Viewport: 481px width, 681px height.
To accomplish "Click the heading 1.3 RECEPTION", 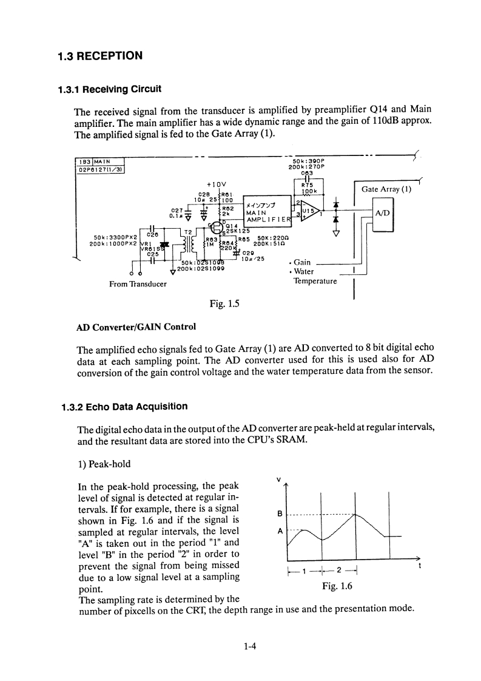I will (x=100, y=56).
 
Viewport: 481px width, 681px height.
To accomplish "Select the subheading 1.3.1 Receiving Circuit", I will (x=109, y=89).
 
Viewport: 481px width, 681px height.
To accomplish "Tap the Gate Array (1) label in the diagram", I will (x=386, y=189).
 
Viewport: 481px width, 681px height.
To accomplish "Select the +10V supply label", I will (x=216, y=184).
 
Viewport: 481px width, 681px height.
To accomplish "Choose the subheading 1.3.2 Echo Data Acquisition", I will (x=124, y=406).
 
